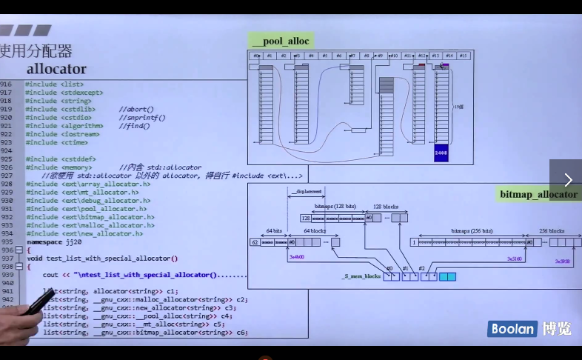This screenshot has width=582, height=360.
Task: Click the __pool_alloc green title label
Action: [x=280, y=41]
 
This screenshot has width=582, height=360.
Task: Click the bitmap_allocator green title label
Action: [x=538, y=195]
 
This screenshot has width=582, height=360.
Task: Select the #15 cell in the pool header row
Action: [x=464, y=56]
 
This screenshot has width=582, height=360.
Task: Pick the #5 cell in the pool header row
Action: [x=325, y=56]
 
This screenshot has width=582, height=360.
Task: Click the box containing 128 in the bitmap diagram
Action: [x=305, y=218]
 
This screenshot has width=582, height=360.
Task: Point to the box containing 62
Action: [x=255, y=242]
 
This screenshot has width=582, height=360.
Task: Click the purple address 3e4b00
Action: [x=297, y=256]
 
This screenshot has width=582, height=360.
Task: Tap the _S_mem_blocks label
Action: [x=361, y=276]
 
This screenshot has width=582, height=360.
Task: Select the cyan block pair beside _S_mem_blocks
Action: [x=447, y=276]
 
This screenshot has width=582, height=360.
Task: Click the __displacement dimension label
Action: [x=309, y=191]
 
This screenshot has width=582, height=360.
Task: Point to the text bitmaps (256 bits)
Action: [x=472, y=231]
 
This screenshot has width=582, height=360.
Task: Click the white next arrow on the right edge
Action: [x=568, y=180]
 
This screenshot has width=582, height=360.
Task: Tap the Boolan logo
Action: [x=512, y=329]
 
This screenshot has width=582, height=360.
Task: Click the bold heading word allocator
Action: [x=56, y=69]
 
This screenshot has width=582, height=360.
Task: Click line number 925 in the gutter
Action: [x=7, y=150]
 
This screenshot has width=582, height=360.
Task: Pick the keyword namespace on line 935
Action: [x=44, y=242]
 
